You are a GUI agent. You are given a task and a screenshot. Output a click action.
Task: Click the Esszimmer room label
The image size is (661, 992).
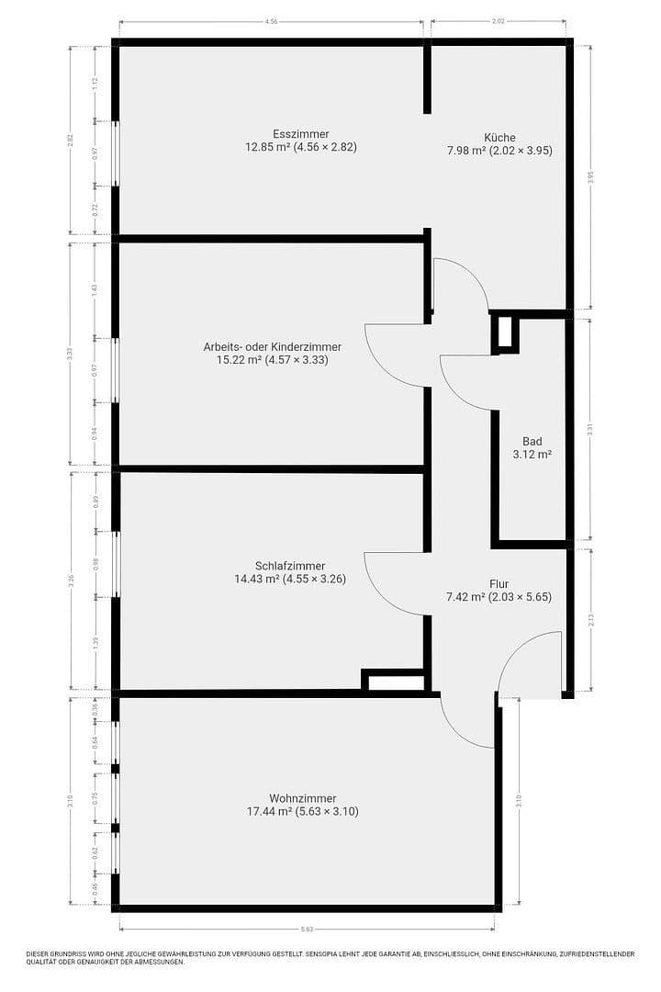pos(300,133)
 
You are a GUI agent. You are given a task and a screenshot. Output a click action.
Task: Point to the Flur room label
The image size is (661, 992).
pos(499,583)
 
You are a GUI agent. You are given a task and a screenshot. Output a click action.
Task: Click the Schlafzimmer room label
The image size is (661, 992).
pos(290,566)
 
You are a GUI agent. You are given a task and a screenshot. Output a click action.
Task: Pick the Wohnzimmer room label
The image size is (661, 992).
pos(302,798)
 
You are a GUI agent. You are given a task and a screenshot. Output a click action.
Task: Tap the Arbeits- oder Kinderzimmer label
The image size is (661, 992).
pos(273,347)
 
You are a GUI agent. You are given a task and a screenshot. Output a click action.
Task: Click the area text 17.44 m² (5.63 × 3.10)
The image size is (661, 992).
pos(302,812)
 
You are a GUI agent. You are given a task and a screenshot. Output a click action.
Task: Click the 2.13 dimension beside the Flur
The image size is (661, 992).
pos(590,620)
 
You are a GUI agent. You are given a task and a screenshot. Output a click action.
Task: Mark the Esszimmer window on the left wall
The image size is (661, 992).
pos(115,152)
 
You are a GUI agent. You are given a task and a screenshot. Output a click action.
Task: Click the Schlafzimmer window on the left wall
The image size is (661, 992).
pos(116,564)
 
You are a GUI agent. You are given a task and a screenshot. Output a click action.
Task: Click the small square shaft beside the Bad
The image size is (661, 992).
pos(505,333)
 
